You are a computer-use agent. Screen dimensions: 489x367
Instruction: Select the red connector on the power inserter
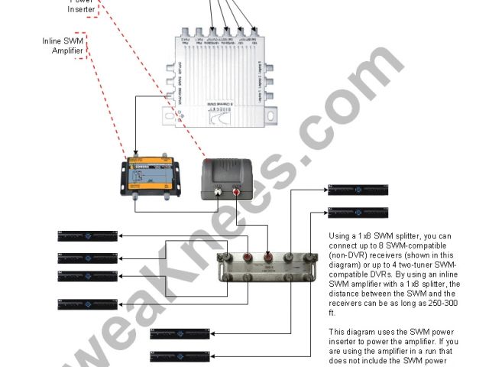(x=237, y=193)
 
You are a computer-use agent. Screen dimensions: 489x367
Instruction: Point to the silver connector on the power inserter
(x=217, y=193)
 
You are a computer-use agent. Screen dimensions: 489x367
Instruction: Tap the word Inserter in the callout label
(x=80, y=9)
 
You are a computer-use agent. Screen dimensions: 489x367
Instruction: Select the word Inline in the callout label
(x=53, y=41)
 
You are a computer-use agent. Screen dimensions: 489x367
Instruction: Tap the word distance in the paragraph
(x=346, y=294)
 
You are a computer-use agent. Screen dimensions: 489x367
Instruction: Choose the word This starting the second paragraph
(x=338, y=333)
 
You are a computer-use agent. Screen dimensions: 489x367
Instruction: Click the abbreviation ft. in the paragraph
(x=332, y=313)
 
